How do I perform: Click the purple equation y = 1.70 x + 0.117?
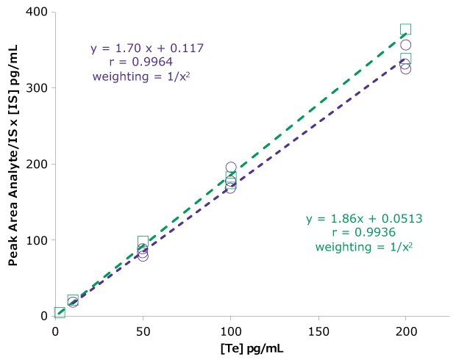(x=147, y=48)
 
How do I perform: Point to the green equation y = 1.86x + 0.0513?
(x=363, y=220)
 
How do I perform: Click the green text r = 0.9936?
(x=363, y=233)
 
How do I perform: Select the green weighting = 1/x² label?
(x=363, y=247)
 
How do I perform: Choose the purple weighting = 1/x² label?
(x=142, y=75)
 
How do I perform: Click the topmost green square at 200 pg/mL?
(x=405, y=29)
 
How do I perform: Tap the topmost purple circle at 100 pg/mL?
(x=231, y=168)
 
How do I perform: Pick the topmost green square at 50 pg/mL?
(x=143, y=242)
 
